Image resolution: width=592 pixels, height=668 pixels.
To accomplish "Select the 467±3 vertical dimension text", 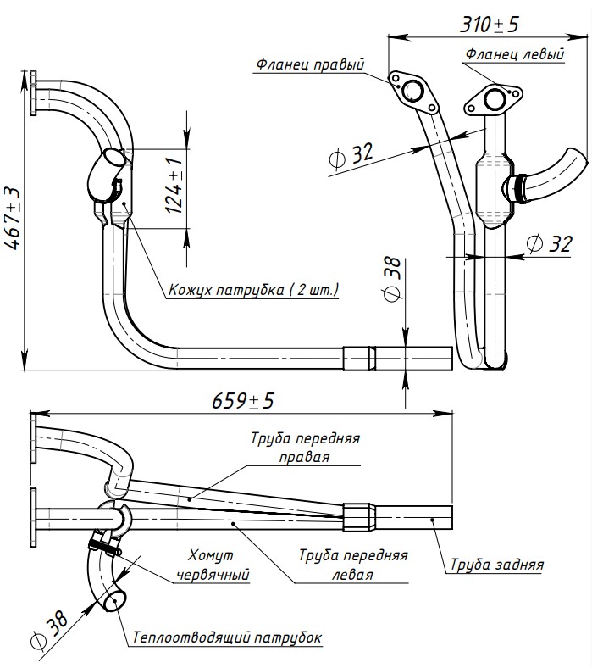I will (14, 218).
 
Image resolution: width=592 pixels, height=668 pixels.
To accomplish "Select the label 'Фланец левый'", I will (514, 54).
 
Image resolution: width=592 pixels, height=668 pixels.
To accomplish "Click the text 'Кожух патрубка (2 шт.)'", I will (253, 290).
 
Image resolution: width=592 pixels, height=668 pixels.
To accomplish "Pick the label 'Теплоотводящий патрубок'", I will (226, 637).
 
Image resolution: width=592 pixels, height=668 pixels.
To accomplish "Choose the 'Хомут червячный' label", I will (213, 565).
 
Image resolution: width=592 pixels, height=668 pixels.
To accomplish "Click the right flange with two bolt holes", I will (412, 92).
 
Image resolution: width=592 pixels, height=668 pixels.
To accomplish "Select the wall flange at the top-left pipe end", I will (33, 93).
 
